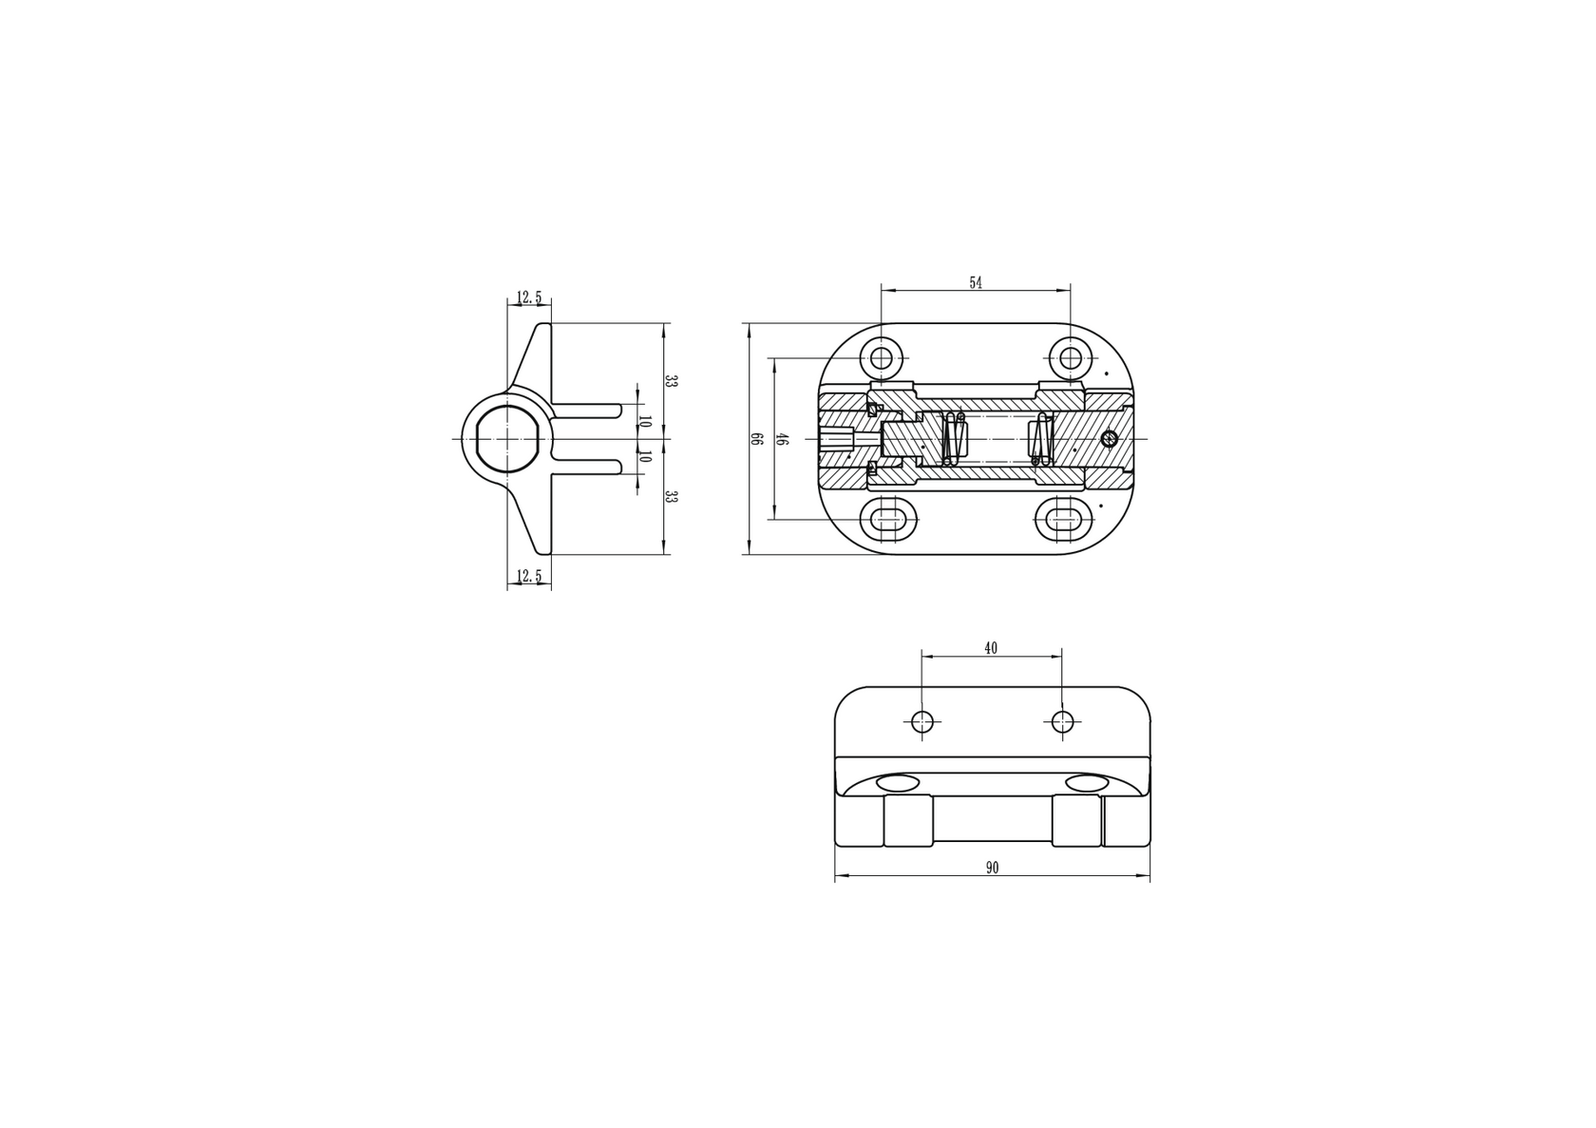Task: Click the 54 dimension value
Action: pos(975,283)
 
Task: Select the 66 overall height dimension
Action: pos(757,439)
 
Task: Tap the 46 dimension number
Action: pos(782,439)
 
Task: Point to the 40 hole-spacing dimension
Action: pos(991,648)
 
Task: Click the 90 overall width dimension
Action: pos(992,868)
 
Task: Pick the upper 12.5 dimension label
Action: pos(528,298)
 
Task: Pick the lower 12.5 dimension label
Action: pos(528,576)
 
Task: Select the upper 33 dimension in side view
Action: pos(670,381)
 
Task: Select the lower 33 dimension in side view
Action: pos(670,497)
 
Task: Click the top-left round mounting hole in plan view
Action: pos(882,358)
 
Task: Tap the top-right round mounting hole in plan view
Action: pos(1071,358)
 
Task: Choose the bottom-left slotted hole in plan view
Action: pos(890,519)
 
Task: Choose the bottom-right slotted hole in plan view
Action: pos(1062,519)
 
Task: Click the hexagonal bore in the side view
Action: pos(506,438)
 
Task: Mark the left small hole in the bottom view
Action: pos(921,722)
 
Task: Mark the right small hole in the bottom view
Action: pos(1062,722)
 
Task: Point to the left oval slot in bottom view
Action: pos(898,783)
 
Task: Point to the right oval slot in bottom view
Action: pos(1087,783)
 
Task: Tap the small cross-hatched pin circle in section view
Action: pos(1108,438)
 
